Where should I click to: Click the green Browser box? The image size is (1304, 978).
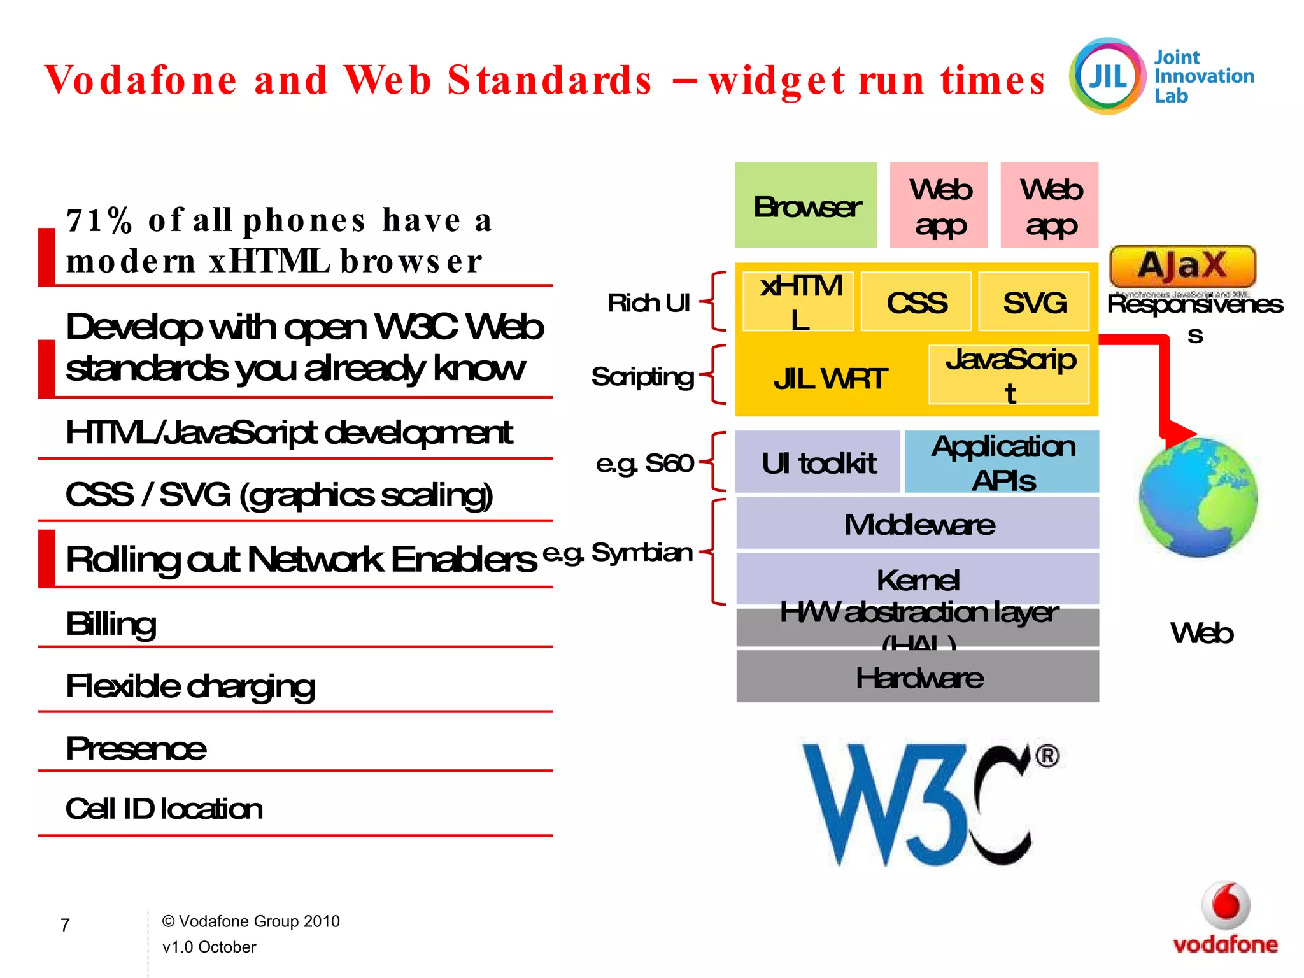coord(805,205)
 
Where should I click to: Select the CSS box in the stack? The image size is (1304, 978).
coord(916,302)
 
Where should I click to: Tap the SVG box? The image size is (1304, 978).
coord(1034,302)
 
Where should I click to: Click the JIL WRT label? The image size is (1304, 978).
coord(830,379)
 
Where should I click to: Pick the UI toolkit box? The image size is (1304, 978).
coord(818,462)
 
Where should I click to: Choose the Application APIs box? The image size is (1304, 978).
coord(1002,462)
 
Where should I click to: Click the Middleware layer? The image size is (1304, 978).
coord(918,524)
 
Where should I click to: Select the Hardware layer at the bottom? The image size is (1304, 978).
coord(918,677)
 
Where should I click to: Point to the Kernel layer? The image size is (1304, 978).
coord(918,578)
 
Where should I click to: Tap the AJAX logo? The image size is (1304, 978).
coord(1182,266)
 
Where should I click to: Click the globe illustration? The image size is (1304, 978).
coord(1198,497)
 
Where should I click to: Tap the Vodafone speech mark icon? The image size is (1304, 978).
coord(1226,904)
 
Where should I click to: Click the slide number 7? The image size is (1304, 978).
coord(65,925)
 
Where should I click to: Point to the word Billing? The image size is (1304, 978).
coord(111,624)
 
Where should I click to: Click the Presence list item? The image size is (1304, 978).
coord(136,749)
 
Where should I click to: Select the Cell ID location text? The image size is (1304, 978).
coord(164,809)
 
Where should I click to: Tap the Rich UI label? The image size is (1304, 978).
coord(648,303)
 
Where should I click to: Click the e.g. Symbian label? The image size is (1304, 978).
coord(618,553)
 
